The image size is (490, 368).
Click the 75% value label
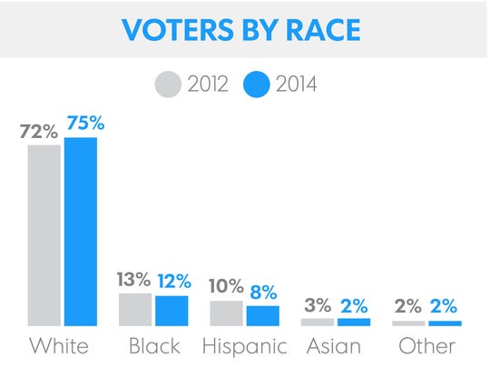click(83, 123)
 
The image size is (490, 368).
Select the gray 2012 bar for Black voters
click(135, 309)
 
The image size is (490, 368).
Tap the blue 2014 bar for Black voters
click(171, 310)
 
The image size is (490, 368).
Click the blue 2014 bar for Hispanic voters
click(263, 315)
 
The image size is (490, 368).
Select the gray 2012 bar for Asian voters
click(318, 322)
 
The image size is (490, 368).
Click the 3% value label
click(318, 305)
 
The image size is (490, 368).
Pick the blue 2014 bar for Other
click(445, 323)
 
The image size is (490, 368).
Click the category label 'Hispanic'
click(245, 347)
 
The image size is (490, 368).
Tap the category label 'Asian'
click(336, 347)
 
